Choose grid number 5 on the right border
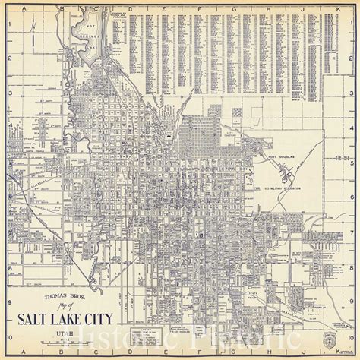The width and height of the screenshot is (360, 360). tap(353, 162)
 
